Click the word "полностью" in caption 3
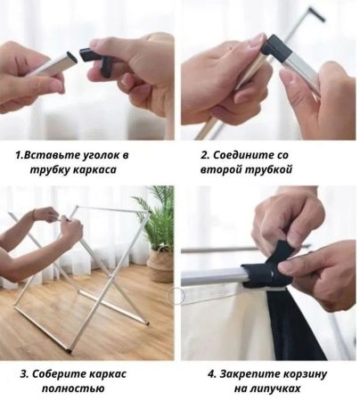pyautogui.click(x=73, y=389)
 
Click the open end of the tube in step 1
pyautogui.click(x=71, y=57)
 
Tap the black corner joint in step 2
pyautogui.click(x=277, y=48)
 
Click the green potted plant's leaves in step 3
pyautogui.click(x=158, y=217)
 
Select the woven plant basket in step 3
pyautogui.click(x=161, y=265)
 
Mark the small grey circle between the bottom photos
pyautogui.click(x=176, y=296)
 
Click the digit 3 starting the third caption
pyautogui.click(x=23, y=374)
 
